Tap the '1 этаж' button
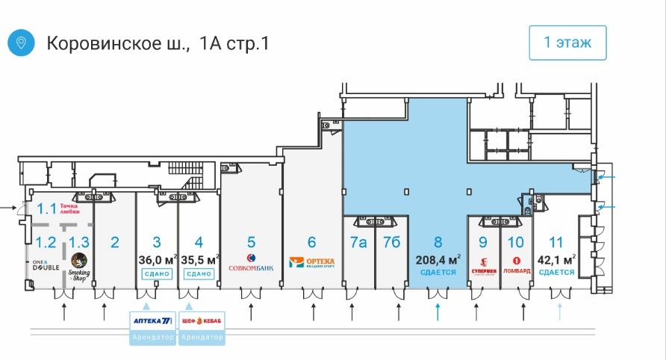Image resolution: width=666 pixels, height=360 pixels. pyautogui.click(x=567, y=43)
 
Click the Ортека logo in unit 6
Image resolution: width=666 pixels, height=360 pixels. pyautogui.click(x=311, y=263)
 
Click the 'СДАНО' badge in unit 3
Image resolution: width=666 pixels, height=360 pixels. pyautogui.click(x=156, y=274)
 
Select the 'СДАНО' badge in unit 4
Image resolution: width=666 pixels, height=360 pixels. pyautogui.click(x=199, y=274)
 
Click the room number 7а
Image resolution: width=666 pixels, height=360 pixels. pyautogui.click(x=358, y=242)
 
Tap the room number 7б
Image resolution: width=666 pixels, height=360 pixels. pyautogui.click(x=392, y=242)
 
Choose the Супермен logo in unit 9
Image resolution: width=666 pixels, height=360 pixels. pyautogui.click(x=483, y=264)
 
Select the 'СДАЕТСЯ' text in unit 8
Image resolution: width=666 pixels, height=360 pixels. pyautogui.click(x=438, y=273)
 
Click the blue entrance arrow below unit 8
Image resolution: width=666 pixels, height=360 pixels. pyautogui.click(x=438, y=311)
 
